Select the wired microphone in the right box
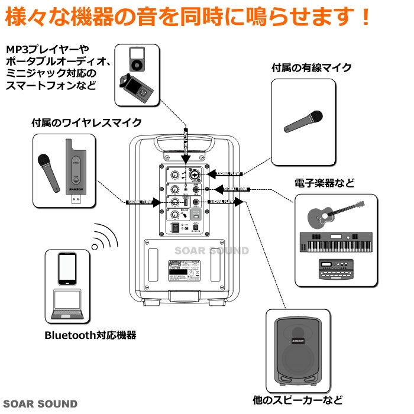tap(303, 121)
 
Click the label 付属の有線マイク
tap(312, 68)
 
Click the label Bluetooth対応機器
tap(90, 335)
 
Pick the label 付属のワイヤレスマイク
tap(86, 122)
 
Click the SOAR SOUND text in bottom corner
tap(39, 405)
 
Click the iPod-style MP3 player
tap(137, 59)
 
